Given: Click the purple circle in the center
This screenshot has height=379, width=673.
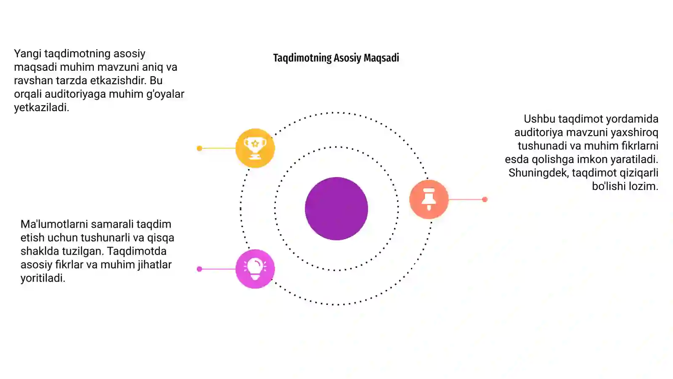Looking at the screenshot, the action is click(336, 209).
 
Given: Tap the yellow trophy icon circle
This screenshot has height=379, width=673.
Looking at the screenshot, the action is click(255, 148).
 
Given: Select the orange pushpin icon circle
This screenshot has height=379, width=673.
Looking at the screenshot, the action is click(429, 199).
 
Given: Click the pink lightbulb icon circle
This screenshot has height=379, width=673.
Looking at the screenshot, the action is click(255, 269).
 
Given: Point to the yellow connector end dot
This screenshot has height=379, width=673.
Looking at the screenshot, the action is click(199, 148).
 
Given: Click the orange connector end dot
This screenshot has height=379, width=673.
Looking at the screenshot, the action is click(485, 199).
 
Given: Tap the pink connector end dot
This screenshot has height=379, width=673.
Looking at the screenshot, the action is click(199, 269).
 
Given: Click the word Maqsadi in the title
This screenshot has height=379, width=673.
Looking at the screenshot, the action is click(381, 58).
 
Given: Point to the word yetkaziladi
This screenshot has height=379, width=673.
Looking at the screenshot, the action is click(42, 107).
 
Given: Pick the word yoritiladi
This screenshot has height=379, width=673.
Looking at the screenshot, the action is click(42, 278).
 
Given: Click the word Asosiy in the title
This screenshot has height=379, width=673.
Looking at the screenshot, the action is click(347, 58).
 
